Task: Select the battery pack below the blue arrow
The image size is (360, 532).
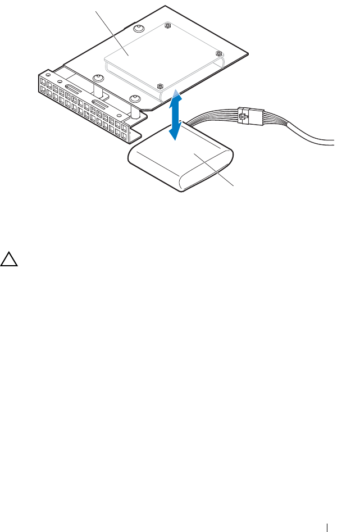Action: (x=180, y=166)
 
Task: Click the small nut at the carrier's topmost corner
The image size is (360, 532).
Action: (x=167, y=25)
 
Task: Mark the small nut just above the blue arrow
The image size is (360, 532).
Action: (x=161, y=86)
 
